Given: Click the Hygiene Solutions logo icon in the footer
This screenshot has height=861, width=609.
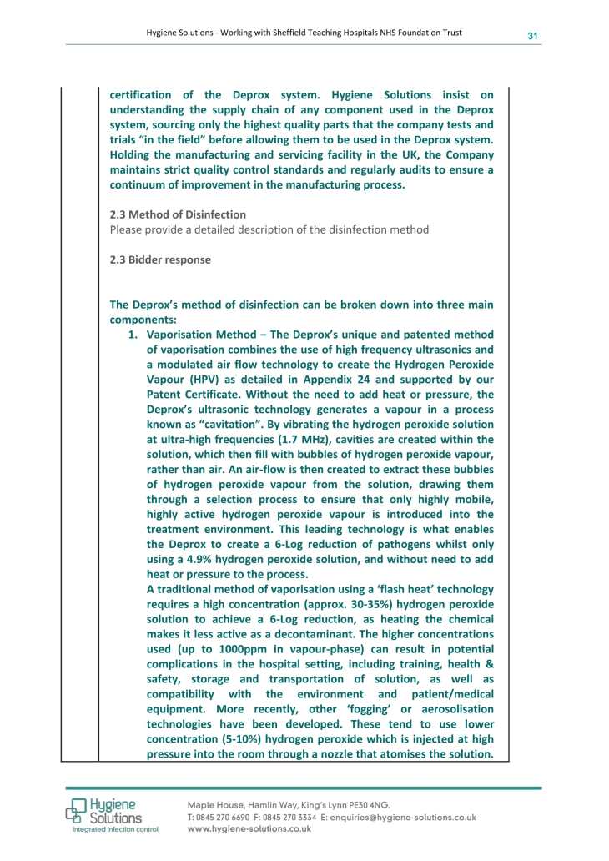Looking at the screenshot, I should tap(78, 810).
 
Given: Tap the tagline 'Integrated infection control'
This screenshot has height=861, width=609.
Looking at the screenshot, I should tap(114, 831).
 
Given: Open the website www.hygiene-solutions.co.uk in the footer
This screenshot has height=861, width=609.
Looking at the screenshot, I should tap(249, 829).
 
